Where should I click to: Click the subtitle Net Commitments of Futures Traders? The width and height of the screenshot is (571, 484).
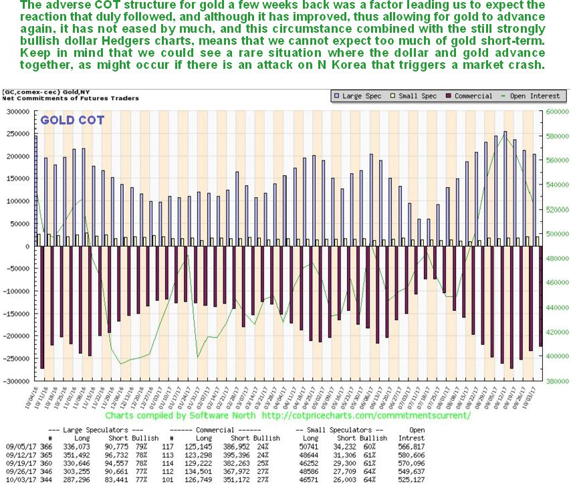pos(70,98)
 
